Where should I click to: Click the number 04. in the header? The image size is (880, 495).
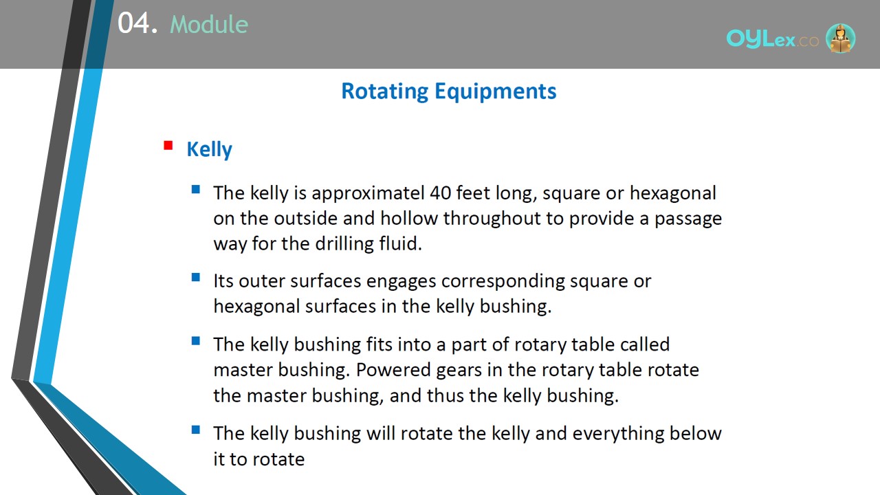137,23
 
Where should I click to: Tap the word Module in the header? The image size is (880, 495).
209,24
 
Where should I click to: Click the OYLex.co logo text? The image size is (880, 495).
772,39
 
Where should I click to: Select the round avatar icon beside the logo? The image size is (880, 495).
840,38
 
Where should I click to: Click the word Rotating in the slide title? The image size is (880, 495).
384,91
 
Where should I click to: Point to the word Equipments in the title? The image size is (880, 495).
496,91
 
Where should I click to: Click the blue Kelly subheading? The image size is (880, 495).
210,150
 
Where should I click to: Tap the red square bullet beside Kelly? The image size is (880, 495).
168,145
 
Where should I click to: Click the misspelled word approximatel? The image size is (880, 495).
368,194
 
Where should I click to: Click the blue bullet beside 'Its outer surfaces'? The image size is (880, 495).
196,278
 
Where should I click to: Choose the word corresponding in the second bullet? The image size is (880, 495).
503,282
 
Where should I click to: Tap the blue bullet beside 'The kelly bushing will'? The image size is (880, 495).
196,430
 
